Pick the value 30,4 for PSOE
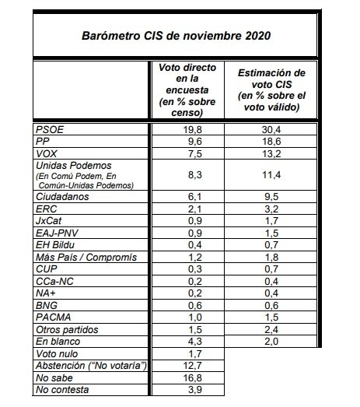pyautogui.click(x=271, y=129)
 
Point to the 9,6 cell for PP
pyautogui.click(x=183, y=141)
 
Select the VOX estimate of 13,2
pyautogui.click(x=271, y=153)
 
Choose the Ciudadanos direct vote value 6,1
pyautogui.click(x=183, y=198)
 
